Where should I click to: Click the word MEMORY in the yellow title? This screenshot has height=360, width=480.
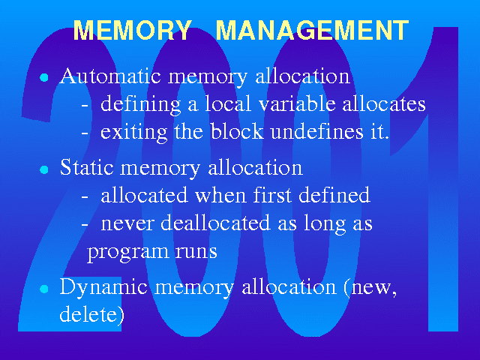[x=133, y=30]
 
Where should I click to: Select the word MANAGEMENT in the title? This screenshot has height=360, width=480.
[x=312, y=30]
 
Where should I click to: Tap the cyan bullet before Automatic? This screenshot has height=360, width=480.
[x=44, y=77]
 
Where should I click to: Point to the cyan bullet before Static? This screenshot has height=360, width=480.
[x=44, y=169]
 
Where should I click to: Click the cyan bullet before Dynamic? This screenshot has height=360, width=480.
[x=44, y=289]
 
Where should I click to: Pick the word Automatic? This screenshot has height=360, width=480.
[x=110, y=76]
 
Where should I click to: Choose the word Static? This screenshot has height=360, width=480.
[x=87, y=167]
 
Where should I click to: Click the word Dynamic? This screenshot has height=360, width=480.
[x=103, y=288]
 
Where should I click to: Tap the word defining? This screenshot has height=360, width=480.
[x=141, y=105]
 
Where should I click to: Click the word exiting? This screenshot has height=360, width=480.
[x=133, y=133]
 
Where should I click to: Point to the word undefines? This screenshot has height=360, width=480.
[x=317, y=131]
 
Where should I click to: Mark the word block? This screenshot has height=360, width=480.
[x=237, y=131]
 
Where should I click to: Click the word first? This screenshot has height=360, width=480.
[x=272, y=194]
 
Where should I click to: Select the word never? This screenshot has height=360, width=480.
[x=127, y=224]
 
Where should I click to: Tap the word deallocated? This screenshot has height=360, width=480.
[x=215, y=222]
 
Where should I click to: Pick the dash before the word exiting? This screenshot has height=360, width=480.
[x=85, y=133]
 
